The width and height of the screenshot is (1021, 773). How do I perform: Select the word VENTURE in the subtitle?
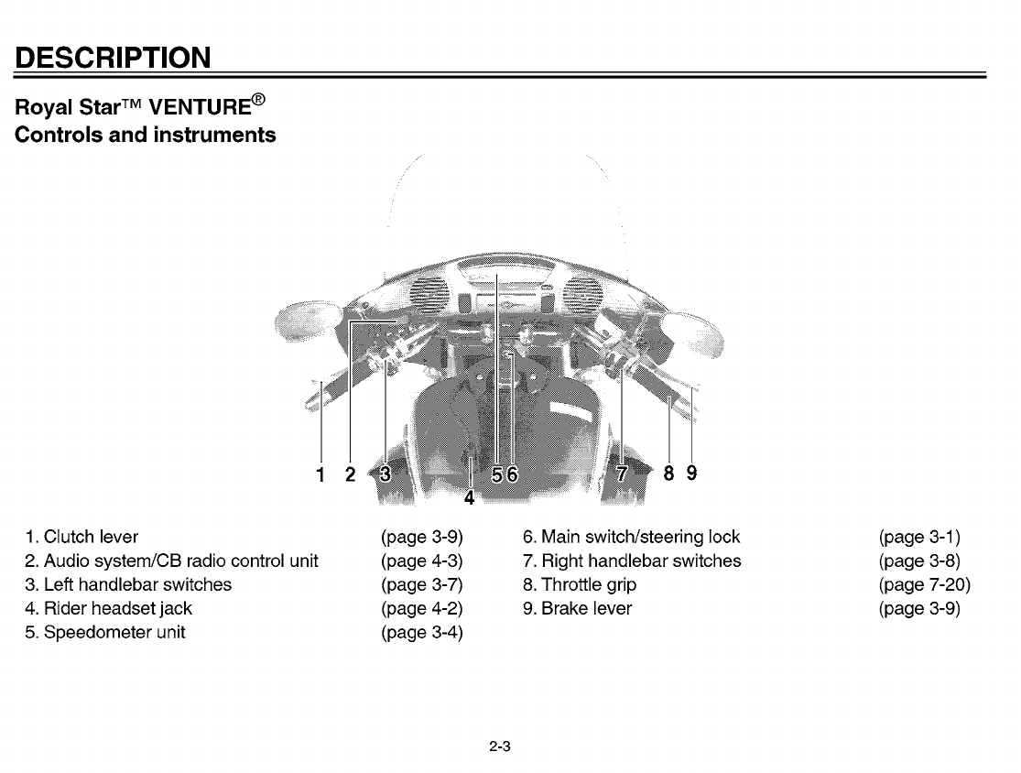click(x=200, y=107)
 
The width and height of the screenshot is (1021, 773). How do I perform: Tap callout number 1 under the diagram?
click(x=320, y=474)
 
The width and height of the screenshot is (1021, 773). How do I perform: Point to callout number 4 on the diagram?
click(x=469, y=498)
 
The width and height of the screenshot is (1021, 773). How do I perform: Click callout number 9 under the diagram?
click(x=691, y=473)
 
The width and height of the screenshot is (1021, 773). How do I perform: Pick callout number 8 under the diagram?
click(x=668, y=473)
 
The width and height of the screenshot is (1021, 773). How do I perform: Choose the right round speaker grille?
click(x=580, y=295)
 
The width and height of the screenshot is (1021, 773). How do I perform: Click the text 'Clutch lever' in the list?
click(x=91, y=537)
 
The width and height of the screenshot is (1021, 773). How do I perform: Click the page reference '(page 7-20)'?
click(x=923, y=584)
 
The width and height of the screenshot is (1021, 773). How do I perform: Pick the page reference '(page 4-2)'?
click(x=421, y=608)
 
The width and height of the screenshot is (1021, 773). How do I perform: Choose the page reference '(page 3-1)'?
click(x=918, y=537)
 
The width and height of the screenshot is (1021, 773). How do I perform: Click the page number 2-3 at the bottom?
click(x=499, y=746)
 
